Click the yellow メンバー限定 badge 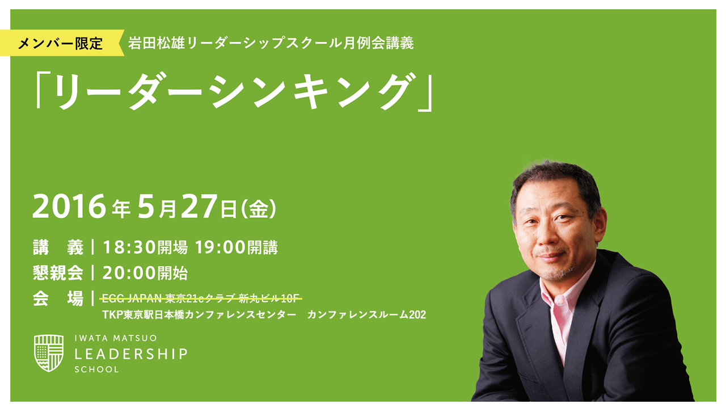click(61, 43)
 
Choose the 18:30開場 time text click(145, 247)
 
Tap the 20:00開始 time click(145, 273)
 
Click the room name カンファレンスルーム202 click(366, 314)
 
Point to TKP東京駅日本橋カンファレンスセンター click(199, 314)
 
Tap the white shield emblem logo click(49, 352)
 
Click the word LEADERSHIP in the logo click(131, 354)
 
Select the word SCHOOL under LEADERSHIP click(97, 369)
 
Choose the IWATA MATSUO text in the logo click(116, 338)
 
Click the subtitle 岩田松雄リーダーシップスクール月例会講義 click(271, 43)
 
